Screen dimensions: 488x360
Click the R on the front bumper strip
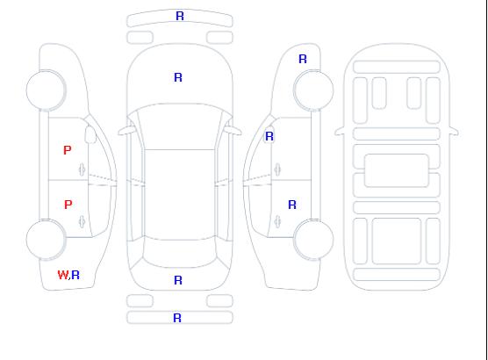(x=180, y=16)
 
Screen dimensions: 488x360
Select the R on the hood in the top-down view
(x=178, y=77)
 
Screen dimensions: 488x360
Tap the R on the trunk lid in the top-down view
(x=178, y=280)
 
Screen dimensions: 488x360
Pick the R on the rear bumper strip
(x=177, y=318)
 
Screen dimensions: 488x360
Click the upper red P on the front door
(x=68, y=150)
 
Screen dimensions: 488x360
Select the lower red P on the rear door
(x=68, y=205)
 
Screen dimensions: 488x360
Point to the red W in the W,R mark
(x=63, y=275)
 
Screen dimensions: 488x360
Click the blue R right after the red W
(x=75, y=275)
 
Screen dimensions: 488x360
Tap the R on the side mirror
(x=269, y=136)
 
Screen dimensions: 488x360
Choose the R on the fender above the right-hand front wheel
(x=303, y=59)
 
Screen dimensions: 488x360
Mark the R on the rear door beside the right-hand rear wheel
(x=292, y=205)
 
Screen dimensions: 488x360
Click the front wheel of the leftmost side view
(x=46, y=90)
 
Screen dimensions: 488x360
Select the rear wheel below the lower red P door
(x=46, y=240)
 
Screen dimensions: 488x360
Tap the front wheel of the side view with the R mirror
(x=313, y=90)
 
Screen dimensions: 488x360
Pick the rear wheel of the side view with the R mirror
(x=313, y=240)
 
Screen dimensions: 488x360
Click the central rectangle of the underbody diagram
(x=397, y=170)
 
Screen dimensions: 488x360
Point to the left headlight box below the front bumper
(x=140, y=38)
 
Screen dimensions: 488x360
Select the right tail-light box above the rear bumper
(x=219, y=301)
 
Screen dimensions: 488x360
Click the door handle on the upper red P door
(x=83, y=169)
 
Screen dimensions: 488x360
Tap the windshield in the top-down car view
(x=180, y=126)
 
